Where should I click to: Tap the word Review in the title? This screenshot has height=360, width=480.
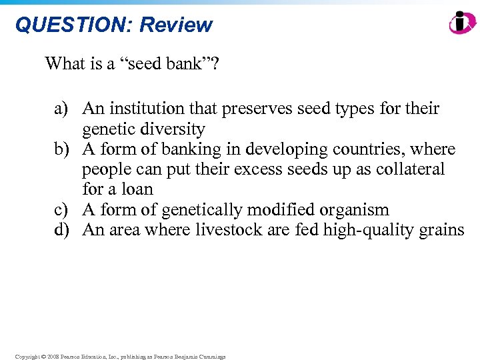(176, 25)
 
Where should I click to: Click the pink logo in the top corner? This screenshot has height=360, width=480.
(462, 23)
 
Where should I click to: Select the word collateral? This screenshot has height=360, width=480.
(407, 169)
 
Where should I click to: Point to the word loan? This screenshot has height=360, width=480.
(137, 189)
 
